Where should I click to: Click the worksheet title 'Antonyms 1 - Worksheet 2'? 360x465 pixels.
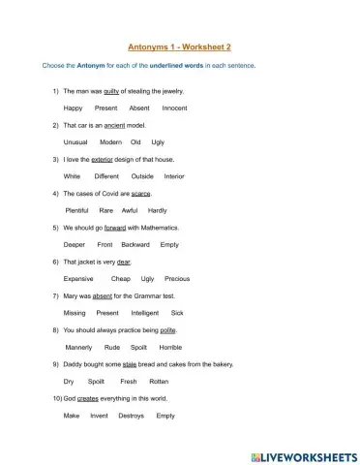point(179,45)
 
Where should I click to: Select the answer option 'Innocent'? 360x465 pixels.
point(175,108)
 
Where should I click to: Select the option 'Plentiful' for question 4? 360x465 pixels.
point(77,210)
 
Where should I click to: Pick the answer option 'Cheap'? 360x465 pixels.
point(120,278)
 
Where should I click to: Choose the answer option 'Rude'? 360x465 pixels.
point(111,347)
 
